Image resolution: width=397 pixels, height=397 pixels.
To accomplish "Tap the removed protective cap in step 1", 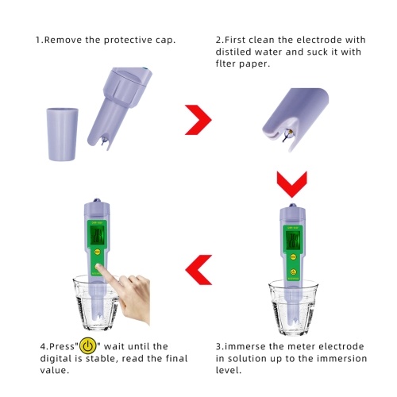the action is tap(63, 134).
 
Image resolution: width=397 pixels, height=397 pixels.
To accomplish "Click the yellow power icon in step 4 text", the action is tap(88, 346).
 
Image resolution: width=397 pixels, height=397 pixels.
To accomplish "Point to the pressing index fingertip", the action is tap(98, 267).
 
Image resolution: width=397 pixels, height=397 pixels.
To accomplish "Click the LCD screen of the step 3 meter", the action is tap(293, 241).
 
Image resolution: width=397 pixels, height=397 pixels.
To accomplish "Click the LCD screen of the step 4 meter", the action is tap(97, 236).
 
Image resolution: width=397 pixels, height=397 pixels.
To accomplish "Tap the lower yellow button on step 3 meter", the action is tap(293, 272).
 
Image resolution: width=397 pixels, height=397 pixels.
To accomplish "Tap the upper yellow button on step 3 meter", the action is tap(293, 256).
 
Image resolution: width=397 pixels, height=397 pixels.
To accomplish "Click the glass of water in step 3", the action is tap(293, 308).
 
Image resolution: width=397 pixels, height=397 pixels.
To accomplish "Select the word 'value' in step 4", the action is tap(55, 370).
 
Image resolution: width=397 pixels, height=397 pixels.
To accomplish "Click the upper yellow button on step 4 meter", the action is tap(97, 252).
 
